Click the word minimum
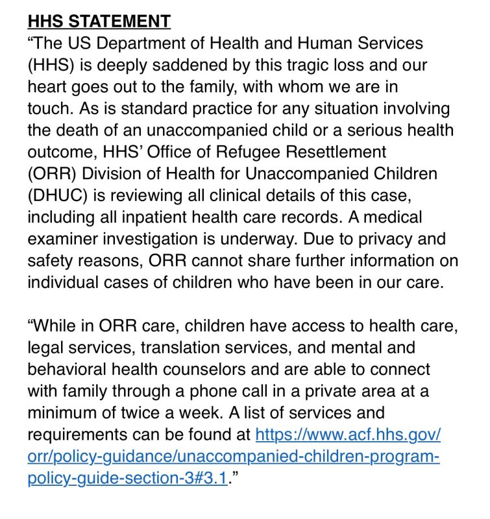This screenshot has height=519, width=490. click(65, 413)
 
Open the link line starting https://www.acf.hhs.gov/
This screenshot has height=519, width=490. click(349, 435)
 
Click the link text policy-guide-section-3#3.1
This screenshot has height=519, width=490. click(129, 478)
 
